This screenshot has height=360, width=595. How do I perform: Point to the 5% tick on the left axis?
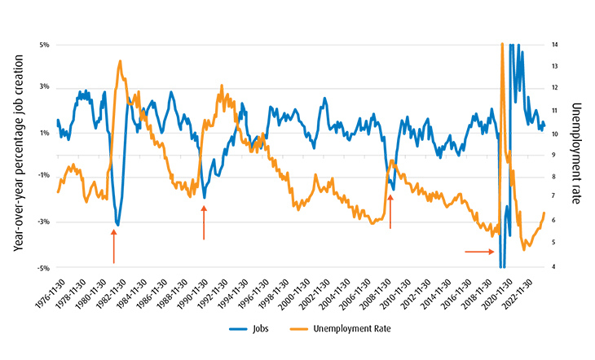[x=44, y=44]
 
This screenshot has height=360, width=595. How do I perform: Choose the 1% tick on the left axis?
[x=44, y=132]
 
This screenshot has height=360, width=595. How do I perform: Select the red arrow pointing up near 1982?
[x=114, y=246]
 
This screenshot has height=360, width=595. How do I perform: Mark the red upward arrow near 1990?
[x=204, y=222]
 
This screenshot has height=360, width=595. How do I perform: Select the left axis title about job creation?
[x=16, y=155]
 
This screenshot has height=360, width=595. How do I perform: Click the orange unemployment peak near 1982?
[x=120, y=61]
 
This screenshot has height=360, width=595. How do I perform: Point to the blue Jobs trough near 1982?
[x=117, y=225]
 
